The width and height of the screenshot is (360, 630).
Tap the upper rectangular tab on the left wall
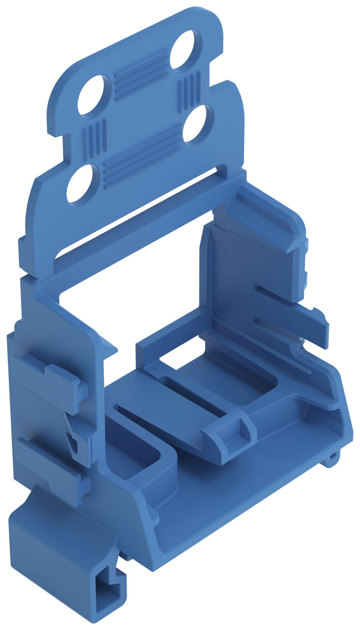click(47, 378)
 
